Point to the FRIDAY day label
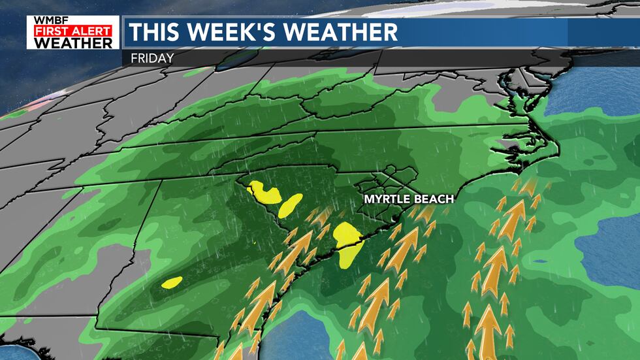152,57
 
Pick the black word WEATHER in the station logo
73,43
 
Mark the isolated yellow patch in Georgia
172,282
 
